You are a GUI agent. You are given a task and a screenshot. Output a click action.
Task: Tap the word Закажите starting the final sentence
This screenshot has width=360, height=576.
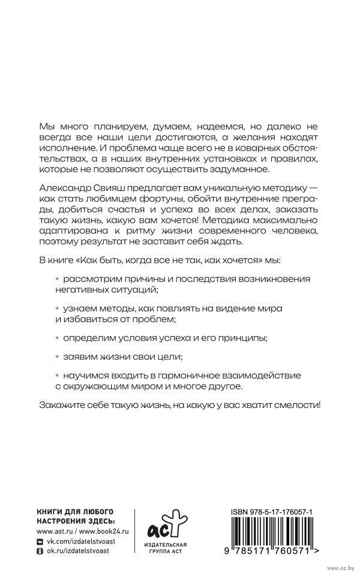point(59,405)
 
